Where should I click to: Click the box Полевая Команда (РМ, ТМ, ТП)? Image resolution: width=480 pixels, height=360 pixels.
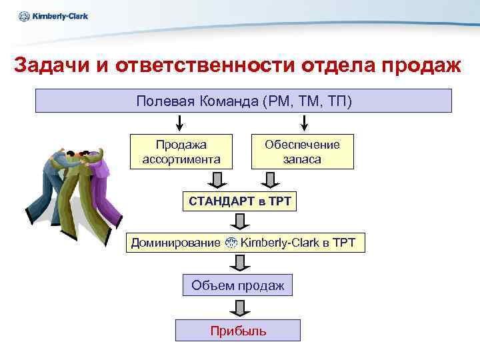click(243, 101)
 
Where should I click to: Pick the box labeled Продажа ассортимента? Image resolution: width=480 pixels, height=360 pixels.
click(181, 152)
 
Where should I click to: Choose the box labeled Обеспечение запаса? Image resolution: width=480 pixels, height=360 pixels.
click(302, 152)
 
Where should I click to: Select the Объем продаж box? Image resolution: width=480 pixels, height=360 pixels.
click(237, 286)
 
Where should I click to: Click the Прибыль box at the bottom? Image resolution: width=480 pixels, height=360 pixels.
click(237, 331)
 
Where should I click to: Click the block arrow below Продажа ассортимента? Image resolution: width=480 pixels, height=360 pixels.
click(217, 181)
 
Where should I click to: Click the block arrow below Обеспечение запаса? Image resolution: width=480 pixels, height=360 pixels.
click(268, 181)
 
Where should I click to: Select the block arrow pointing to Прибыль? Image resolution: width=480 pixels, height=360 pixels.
click(237, 308)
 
